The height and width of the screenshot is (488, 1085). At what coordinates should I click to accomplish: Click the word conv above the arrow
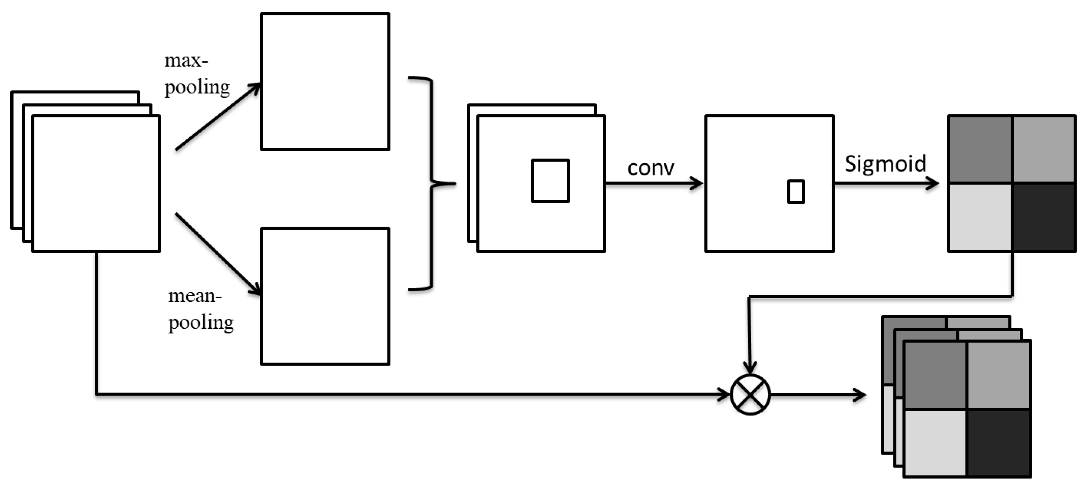coord(650,168)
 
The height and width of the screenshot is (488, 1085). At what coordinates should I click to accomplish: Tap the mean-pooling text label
coord(201,309)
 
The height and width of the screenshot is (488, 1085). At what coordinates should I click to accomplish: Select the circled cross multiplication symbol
coord(750,395)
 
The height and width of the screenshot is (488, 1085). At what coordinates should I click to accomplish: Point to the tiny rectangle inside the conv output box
coord(796,192)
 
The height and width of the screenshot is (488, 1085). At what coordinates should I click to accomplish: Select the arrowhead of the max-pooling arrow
coord(254,88)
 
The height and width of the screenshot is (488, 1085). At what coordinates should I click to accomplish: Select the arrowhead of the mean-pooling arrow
coord(254,289)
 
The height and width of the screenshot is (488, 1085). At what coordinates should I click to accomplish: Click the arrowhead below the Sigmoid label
coord(933,183)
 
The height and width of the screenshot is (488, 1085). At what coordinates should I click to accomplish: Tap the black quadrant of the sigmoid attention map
coord(1043,217)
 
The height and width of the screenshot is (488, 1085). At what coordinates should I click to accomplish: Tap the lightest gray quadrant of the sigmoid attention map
coord(980,217)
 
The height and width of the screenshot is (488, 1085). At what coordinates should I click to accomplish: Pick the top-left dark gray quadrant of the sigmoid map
coord(980,150)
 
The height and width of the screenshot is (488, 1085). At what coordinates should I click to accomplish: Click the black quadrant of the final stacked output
coord(998,443)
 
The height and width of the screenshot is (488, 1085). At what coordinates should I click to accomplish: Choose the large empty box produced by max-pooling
coord(325,81)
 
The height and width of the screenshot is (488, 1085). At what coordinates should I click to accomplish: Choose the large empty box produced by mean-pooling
coord(325,296)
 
